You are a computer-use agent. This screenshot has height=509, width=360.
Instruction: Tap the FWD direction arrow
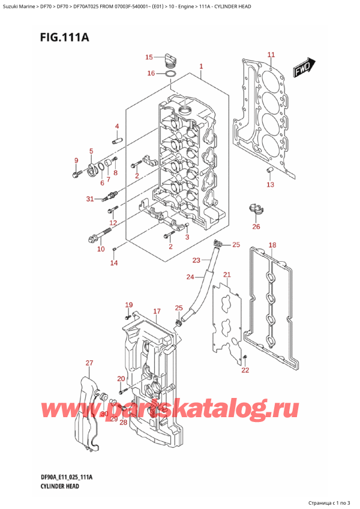pyautogui.click(x=304, y=70)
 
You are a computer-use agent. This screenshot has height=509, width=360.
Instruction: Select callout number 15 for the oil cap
pyautogui.click(x=149, y=57)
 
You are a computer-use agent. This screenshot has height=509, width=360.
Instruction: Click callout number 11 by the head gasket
pyautogui.click(x=271, y=55)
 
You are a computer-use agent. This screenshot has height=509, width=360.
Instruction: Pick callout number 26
pyautogui.click(x=256, y=226)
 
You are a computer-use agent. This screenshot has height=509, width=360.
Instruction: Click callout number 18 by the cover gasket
pyautogui.click(x=272, y=245)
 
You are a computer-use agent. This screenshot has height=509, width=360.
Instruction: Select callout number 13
pyautogui.click(x=270, y=184)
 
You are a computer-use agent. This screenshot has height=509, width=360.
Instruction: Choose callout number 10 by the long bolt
pyautogui.click(x=101, y=248)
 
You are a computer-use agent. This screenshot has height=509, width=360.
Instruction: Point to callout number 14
pyautogui.click(x=114, y=262)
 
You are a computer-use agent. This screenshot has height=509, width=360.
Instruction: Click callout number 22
pyautogui.click(x=244, y=370)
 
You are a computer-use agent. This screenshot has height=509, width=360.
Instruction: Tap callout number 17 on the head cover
pyautogui.click(x=157, y=311)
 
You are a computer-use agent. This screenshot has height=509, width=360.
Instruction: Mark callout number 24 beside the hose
pyautogui.click(x=190, y=277)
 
